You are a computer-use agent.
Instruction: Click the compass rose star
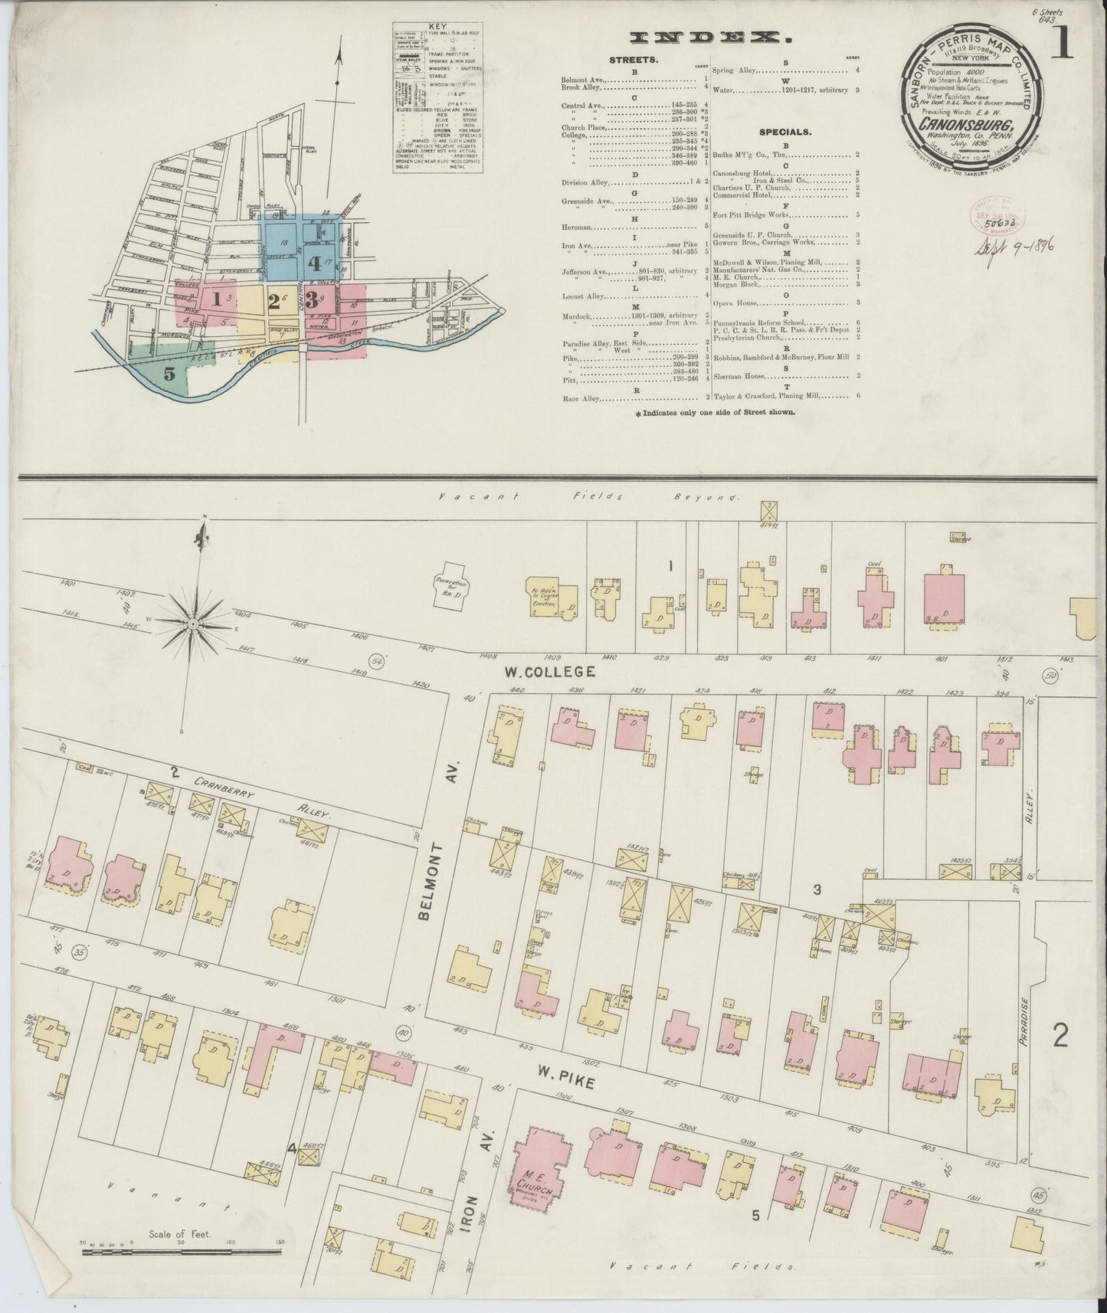(x=193, y=624)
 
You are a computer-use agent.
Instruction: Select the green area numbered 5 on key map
(x=169, y=374)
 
